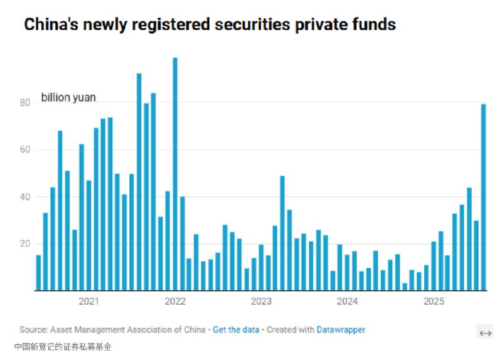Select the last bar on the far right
pyautogui.click(x=484, y=197)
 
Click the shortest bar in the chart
pyautogui.click(x=405, y=287)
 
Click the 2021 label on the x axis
pyautogui.click(x=88, y=302)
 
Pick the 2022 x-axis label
pyautogui.click(x=175, y=302)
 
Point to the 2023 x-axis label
pyautogui.click(x=261, y=302)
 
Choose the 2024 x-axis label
pyautogui.click(x=347, y=302)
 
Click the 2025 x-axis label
pyautogui.click(x=433, y=302)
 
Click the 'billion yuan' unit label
pyautogui.click(x=68, y=98)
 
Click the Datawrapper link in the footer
pyautogui.click(x=340, y=329)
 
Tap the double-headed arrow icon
pyautogui.click(x=485, y=332)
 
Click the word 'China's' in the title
pyautogui.click(x=49, y=24)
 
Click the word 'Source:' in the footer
pyautogui.click(x=33, y=329)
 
